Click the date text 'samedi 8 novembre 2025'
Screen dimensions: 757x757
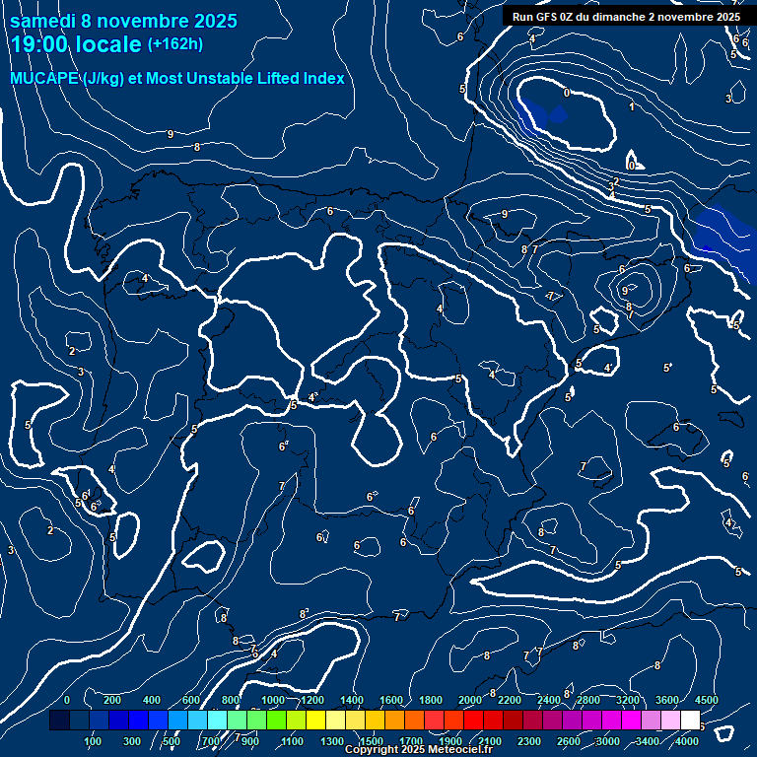pos(123,21)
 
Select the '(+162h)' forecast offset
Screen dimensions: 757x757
pos(174,44)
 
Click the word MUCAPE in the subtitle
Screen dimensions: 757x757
pos(43,79)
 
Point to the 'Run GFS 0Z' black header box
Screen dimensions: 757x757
pos(626,17)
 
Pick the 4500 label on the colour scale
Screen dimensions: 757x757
pos(707,700)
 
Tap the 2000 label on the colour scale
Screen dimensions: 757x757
pos(470,700)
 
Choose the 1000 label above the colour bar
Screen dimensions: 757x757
pos(273,700)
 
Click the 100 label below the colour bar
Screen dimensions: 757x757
pos(94,740)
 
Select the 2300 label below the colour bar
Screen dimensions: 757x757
pos(529,740)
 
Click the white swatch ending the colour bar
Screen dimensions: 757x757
pos(690,721)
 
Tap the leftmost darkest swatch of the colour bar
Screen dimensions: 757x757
pos(59,721)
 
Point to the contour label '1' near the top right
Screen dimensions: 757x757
pos(632,106)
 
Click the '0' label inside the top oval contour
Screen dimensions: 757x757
pos(567,93)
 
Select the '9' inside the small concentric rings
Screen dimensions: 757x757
pos(625,291)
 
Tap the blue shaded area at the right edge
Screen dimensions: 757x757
pos(724,237)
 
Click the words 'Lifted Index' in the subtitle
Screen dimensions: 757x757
pos(301,79)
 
